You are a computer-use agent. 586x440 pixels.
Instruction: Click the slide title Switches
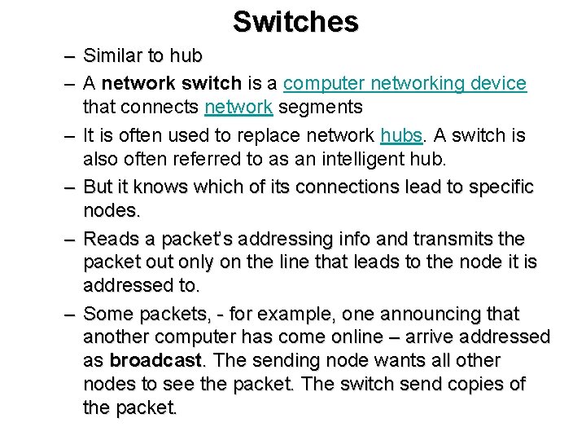coord(295,22)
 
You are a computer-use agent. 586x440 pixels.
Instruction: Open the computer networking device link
coord(405,83)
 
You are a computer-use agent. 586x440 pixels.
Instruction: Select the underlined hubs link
coord(400,135)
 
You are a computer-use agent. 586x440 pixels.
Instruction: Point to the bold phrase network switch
coord(172,83)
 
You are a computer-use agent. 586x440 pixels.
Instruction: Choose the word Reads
coord(112,239)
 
